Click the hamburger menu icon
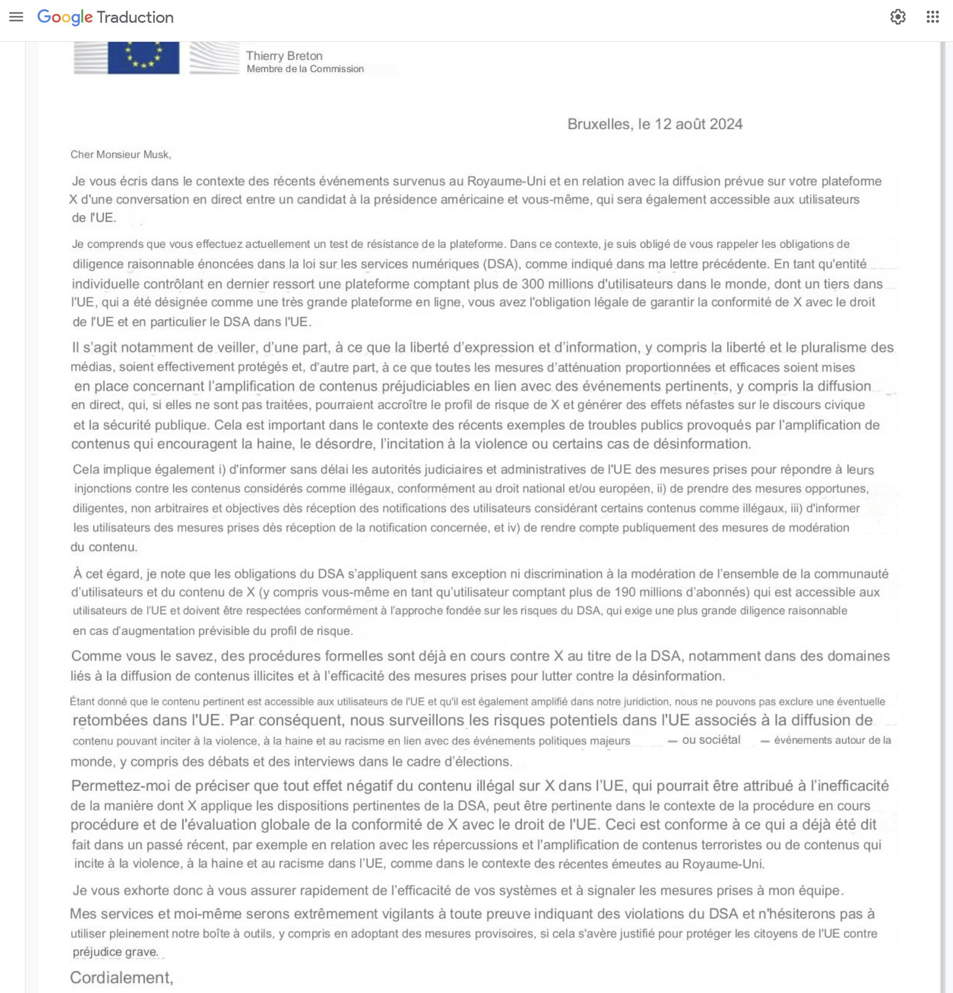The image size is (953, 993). [16, 17]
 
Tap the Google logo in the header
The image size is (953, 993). [65, 17]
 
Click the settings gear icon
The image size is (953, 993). [898, 17]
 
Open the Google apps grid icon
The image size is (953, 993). [932, 17]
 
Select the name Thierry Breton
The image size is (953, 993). [284, 56]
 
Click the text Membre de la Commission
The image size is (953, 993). [305, 69]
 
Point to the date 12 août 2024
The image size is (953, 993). [698, 124]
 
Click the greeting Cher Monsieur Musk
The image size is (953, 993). [121, 155]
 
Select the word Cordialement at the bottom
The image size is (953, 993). [121, 978]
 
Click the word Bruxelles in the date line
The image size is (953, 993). [599, 124]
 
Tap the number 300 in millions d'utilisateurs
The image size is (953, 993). [533, 284]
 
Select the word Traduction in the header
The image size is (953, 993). [135, 17]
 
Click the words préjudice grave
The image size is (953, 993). [116, 952]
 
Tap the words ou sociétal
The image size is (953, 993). [711, 740]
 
